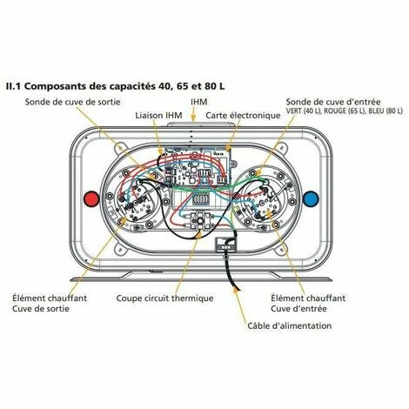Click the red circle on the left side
pos(91,198)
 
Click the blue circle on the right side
pos(311,198)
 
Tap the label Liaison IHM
pos(158,116)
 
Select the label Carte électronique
pos(243,116)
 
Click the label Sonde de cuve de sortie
pos(72,102)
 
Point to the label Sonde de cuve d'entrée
pos(333,102)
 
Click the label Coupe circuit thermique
pos(164,298)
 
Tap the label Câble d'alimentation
pos(290,325)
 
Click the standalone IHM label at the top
pos(199,102)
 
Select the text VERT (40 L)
pos(304,111)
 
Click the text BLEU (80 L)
pos(386,111)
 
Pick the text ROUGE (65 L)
pos(345,111)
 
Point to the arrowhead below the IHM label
pos(193,117)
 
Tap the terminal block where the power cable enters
pos(226,245)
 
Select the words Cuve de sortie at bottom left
pos(41,309)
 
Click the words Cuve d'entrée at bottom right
pos(298,309)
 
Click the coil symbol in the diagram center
pos(200,200)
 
